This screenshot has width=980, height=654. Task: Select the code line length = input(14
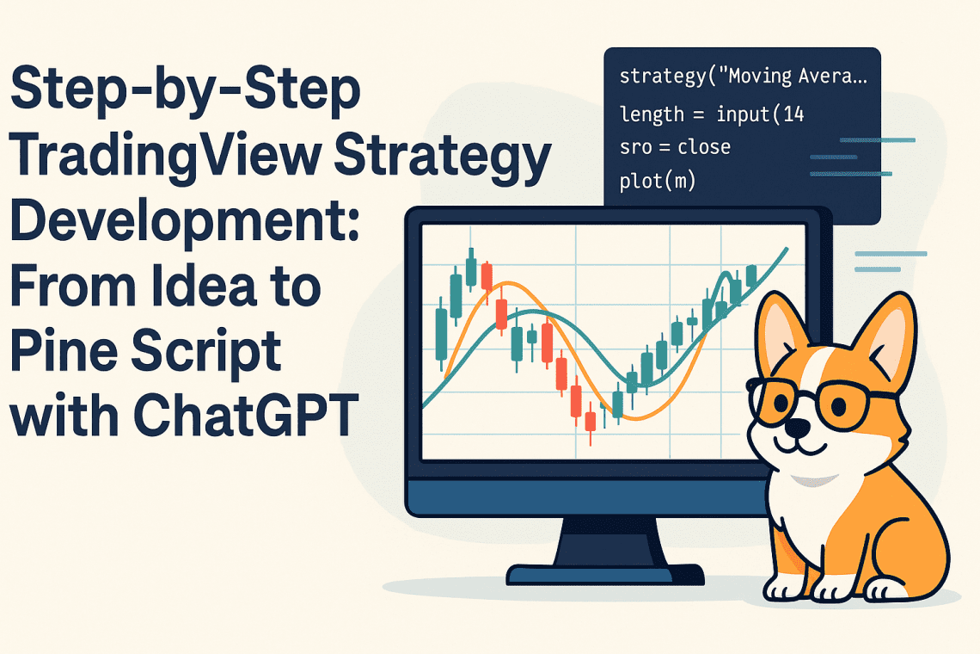click(711, 113)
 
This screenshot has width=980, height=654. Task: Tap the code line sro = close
click(675, 147)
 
